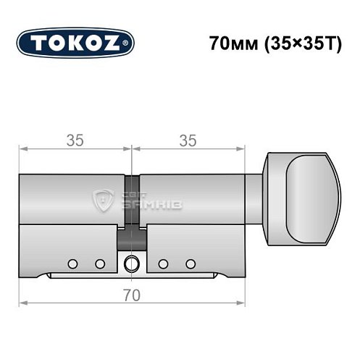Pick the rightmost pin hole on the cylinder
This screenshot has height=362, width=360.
coord(191,263)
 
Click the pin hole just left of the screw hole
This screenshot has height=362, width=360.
coord(99,263)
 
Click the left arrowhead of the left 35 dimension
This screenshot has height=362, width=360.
coord(21,150)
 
